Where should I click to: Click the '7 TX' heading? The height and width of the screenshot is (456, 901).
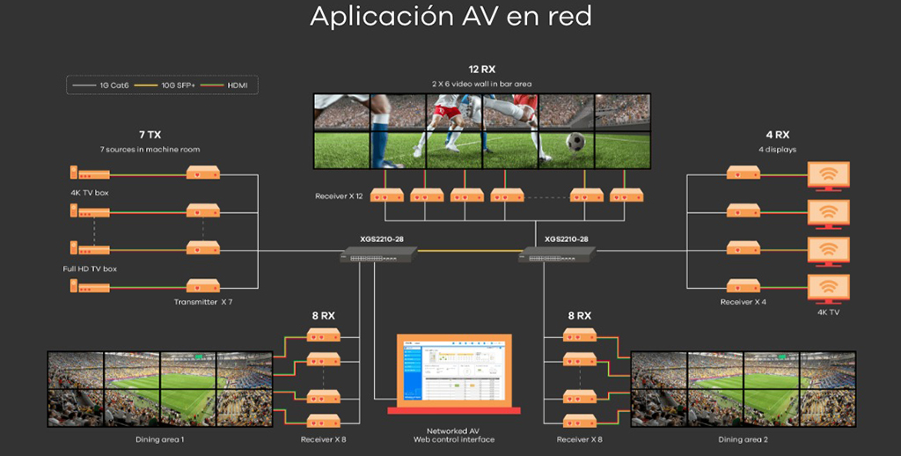click(x=150, y=135)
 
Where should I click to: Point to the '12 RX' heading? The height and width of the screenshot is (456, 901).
click(x=481, y=69)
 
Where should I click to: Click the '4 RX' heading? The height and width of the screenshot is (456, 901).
click(x=777, y=135)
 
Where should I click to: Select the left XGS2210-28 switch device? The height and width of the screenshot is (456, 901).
click(x=378, y=254)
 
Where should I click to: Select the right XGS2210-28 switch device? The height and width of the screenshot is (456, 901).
click(x=560, y=254)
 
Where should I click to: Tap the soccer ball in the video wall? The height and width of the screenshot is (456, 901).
click(x=575, y=141)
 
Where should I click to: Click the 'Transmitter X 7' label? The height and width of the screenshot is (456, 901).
click(x=203, y=302)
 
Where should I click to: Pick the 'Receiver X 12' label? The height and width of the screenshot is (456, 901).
click(x=340, y=195)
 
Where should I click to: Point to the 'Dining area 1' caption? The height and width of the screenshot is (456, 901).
click(x=159, y=438)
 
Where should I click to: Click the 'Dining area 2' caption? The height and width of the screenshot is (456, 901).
click(x=743, y=438)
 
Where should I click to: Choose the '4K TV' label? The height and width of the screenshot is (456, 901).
click(x=828, y=312)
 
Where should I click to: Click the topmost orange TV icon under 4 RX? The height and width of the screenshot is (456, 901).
click(x=828, y=175)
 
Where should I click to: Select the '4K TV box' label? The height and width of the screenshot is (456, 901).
click(x=90, y=192)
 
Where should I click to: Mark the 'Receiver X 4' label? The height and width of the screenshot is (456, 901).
click(x=743, y=302)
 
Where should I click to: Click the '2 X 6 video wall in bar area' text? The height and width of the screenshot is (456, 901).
click(x=481, y=84)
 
